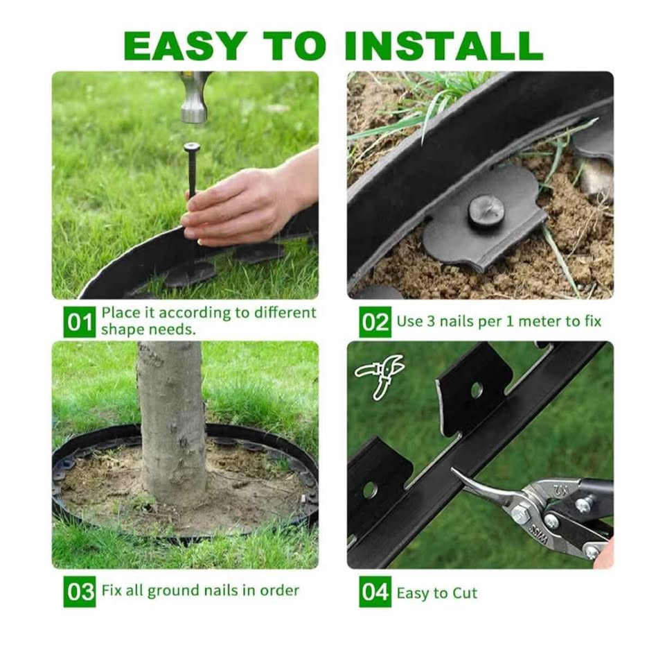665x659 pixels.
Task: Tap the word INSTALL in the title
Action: (443, 45)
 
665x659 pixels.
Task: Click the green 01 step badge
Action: (79, 323)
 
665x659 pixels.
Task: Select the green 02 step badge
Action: (375, 323)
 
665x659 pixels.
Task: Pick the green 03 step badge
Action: (79, 591)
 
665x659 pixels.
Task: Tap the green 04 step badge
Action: (375, 591)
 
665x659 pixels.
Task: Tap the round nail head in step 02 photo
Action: (486, 211)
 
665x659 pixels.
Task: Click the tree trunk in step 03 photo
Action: (172, 425)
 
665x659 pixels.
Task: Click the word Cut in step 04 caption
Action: (465, 593)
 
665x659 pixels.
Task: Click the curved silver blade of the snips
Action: (488, 484)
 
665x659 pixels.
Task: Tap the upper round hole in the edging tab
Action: (477, 390)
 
